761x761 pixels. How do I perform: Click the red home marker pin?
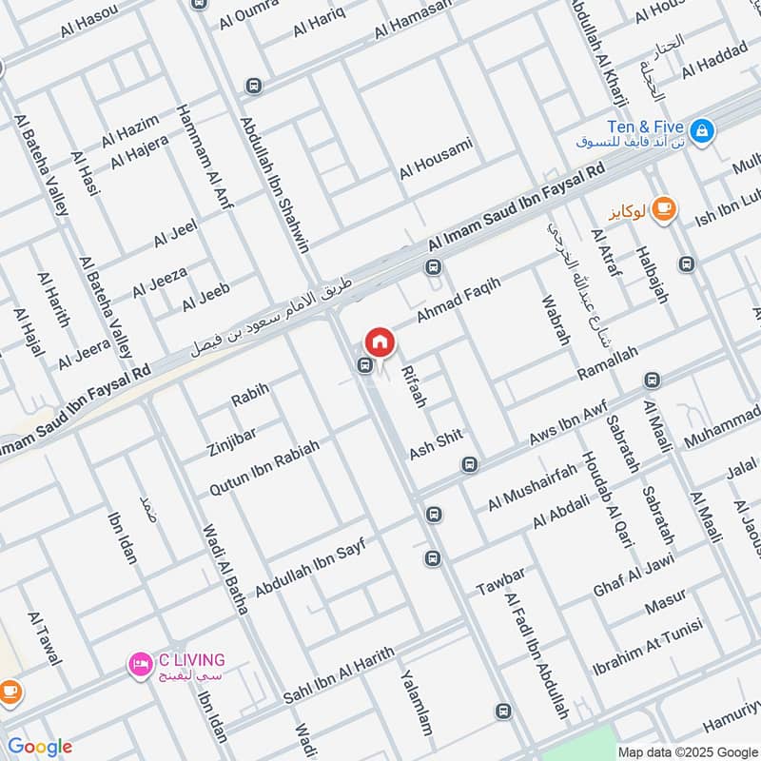(380, 341)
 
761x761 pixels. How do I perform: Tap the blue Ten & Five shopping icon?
(702, 129)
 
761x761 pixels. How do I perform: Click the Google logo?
(39, 747)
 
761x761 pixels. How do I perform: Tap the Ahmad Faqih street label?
(458, 295)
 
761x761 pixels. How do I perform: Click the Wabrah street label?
(555, 317)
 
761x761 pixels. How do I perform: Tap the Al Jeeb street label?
(205, 298)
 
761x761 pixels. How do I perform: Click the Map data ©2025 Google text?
(688, 751)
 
